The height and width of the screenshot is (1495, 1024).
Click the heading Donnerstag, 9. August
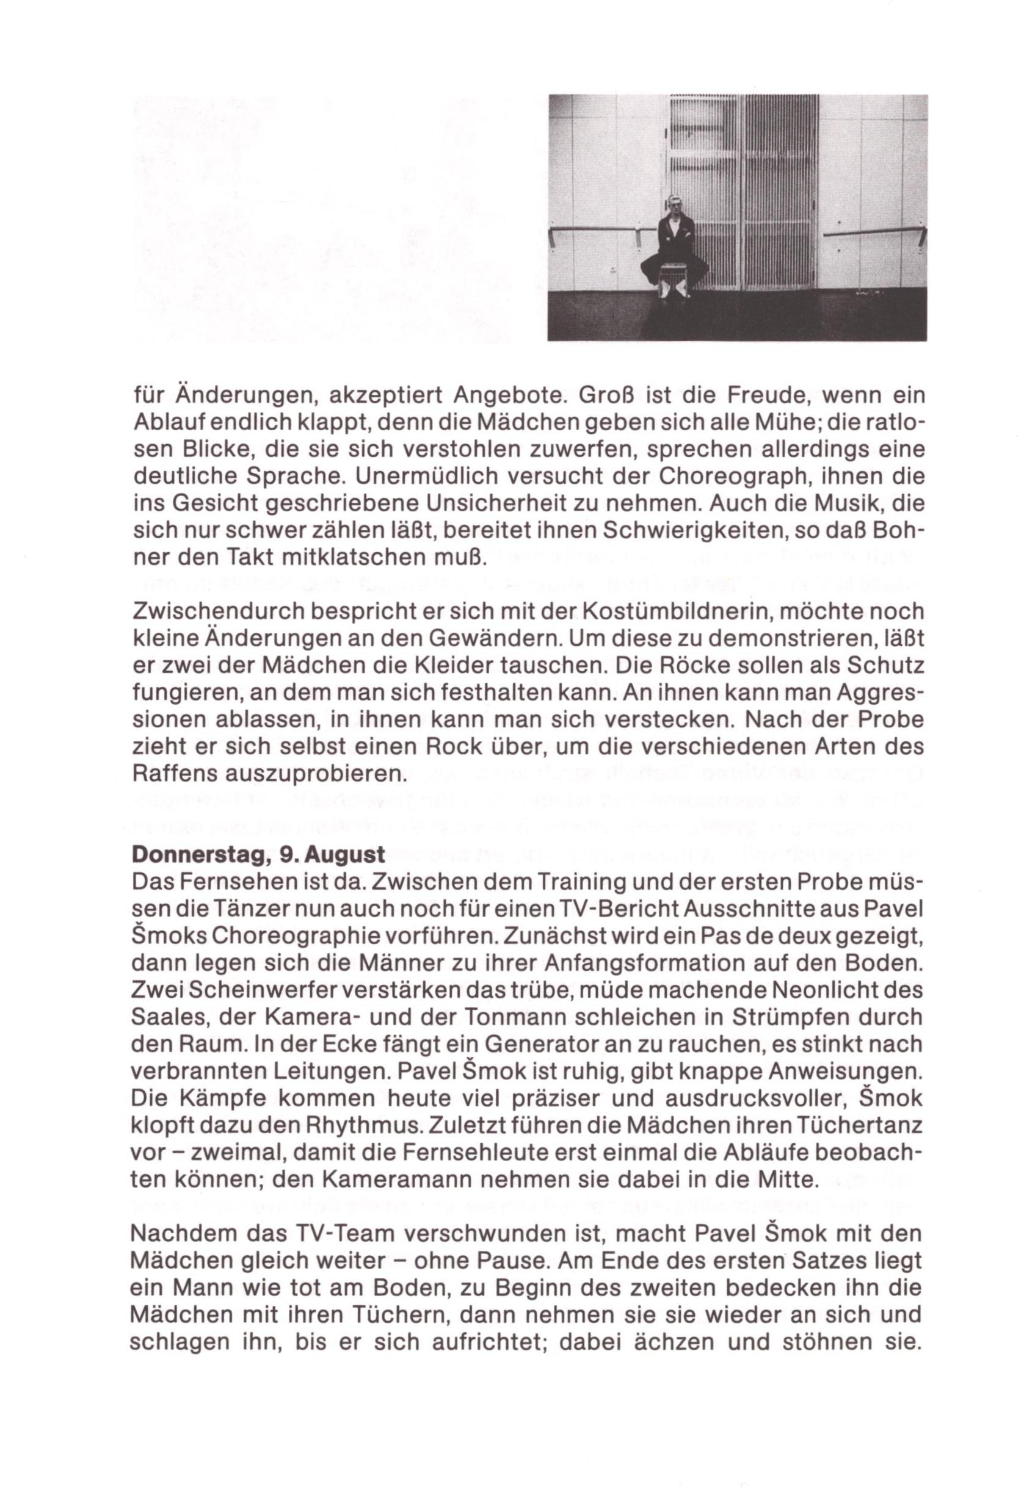(258, 855)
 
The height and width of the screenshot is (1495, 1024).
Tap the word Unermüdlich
(426, 477)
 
